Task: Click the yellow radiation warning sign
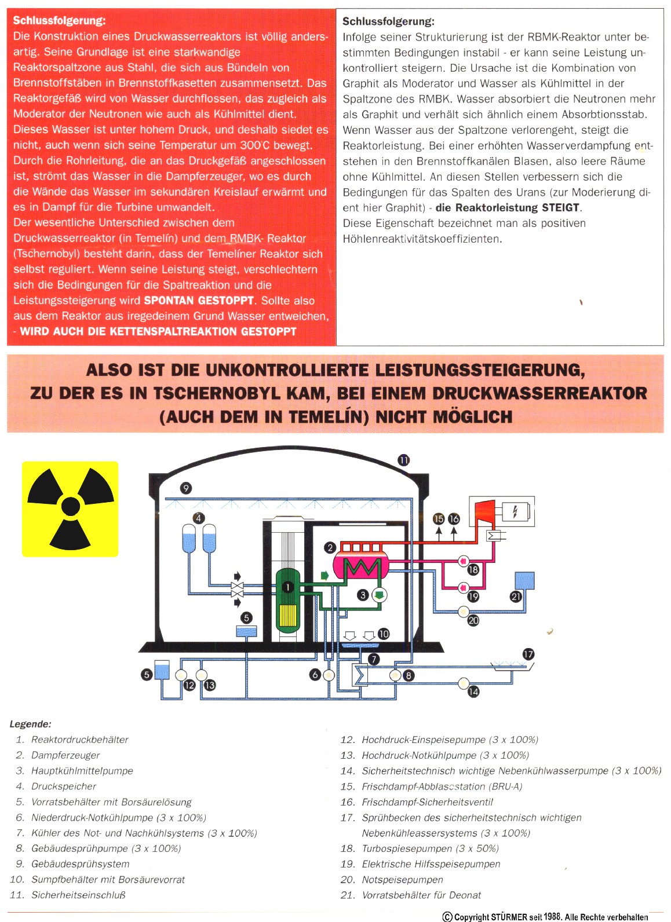pos(70,508)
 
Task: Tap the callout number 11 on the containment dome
pos(403,460)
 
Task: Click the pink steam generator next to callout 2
pos(360,565)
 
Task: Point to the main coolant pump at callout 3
pos(379,594)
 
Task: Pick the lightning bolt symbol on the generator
pos(515,511)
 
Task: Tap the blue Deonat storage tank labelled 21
pos(524,580)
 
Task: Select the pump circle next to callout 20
pos(463,611)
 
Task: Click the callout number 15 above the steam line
pos(439,519)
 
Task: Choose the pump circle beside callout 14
pos(464,683)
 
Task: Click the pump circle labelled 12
pos(180,675)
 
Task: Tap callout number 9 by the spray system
pos(186,488)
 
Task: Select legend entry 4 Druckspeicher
pos(63,786)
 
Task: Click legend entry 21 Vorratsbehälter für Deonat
pos(421,895)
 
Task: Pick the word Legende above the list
pos(30,724)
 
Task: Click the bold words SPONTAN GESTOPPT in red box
pos(199,301)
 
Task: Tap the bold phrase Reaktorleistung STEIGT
pos(507,207)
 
